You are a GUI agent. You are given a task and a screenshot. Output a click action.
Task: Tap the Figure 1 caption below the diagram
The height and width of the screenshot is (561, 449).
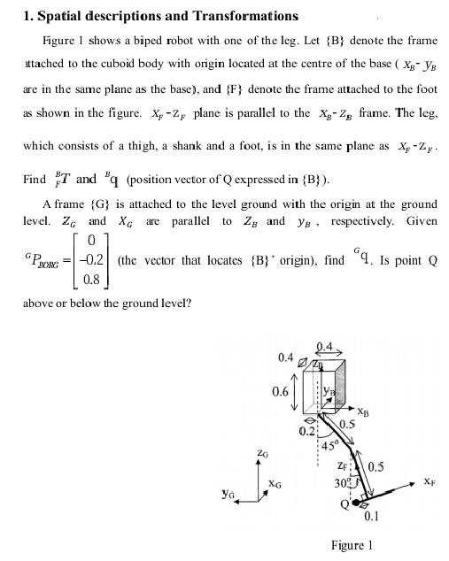point(351,545)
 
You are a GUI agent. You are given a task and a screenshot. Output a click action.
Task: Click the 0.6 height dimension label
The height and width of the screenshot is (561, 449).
point(281,391)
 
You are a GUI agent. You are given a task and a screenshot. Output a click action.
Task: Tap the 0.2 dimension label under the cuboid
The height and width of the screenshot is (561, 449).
point(305,432)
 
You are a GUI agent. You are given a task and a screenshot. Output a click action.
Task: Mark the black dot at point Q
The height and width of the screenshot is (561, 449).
point(357,503)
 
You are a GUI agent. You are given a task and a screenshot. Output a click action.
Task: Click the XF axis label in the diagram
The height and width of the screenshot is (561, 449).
point(429,482)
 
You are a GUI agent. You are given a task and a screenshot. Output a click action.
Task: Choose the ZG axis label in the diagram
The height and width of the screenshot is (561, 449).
point(261,452)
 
